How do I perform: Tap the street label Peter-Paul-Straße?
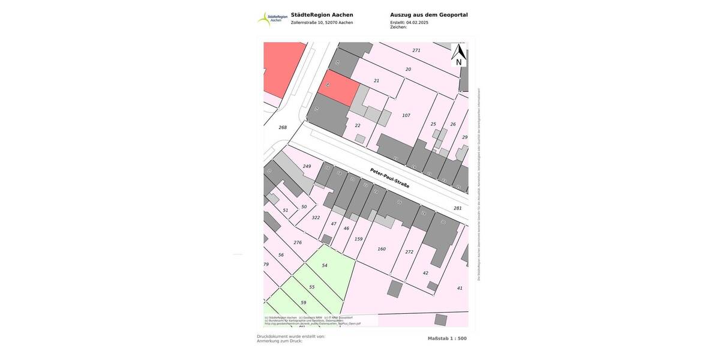pos(389,178)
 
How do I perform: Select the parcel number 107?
pos(406,115)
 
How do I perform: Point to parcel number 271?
pos(416,50)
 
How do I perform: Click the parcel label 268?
pos(283,127)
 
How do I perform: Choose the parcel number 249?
pos(307,166)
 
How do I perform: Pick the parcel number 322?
pos(316,218)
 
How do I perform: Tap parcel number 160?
pos(382,249)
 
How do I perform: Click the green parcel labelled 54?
pos(325,265)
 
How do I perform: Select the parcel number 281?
pos(458,208)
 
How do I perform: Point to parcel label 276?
pos(298,242)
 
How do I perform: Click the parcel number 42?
pos(425,273)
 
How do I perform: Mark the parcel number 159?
pos(358,239)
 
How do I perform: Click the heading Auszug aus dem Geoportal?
pos(428,15)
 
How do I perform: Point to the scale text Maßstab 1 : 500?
pos(447,338)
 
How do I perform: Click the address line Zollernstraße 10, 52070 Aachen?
pos(322,23)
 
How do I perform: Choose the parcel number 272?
pos(409,252)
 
